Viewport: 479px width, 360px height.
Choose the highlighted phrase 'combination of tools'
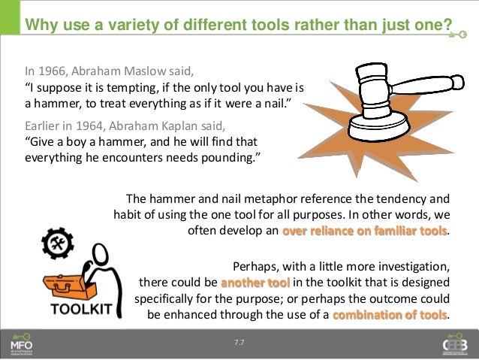(x=390, y=314)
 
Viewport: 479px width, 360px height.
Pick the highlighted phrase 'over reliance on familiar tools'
(x=364, y=231)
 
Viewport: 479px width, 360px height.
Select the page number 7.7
(x=239, y=343)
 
